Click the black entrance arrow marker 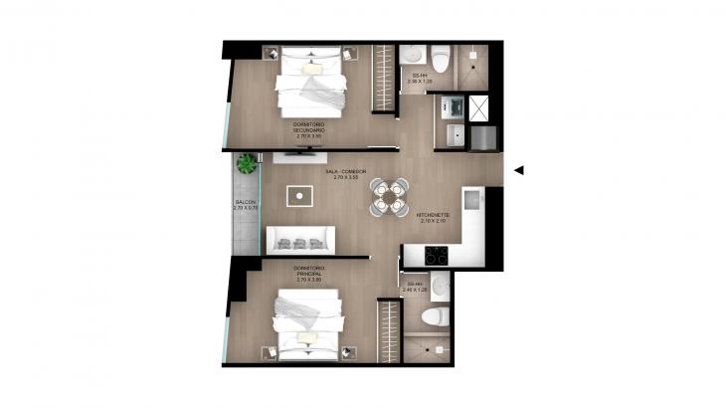pyautogui.click(x=518, y=170)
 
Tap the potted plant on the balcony pyautogui.click(x=246, y=163)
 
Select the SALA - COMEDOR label pyautogui.click(x=341, y=174)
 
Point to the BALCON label pyautogui.click(x=245, y=204)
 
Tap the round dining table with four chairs pyautogui.click(x=389, y=195)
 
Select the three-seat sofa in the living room pyautogui.click(x=299, y=241)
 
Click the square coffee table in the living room pyautogui.click(x=297, y=195)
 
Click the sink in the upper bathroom pyautogui.click(x=412, y=55)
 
